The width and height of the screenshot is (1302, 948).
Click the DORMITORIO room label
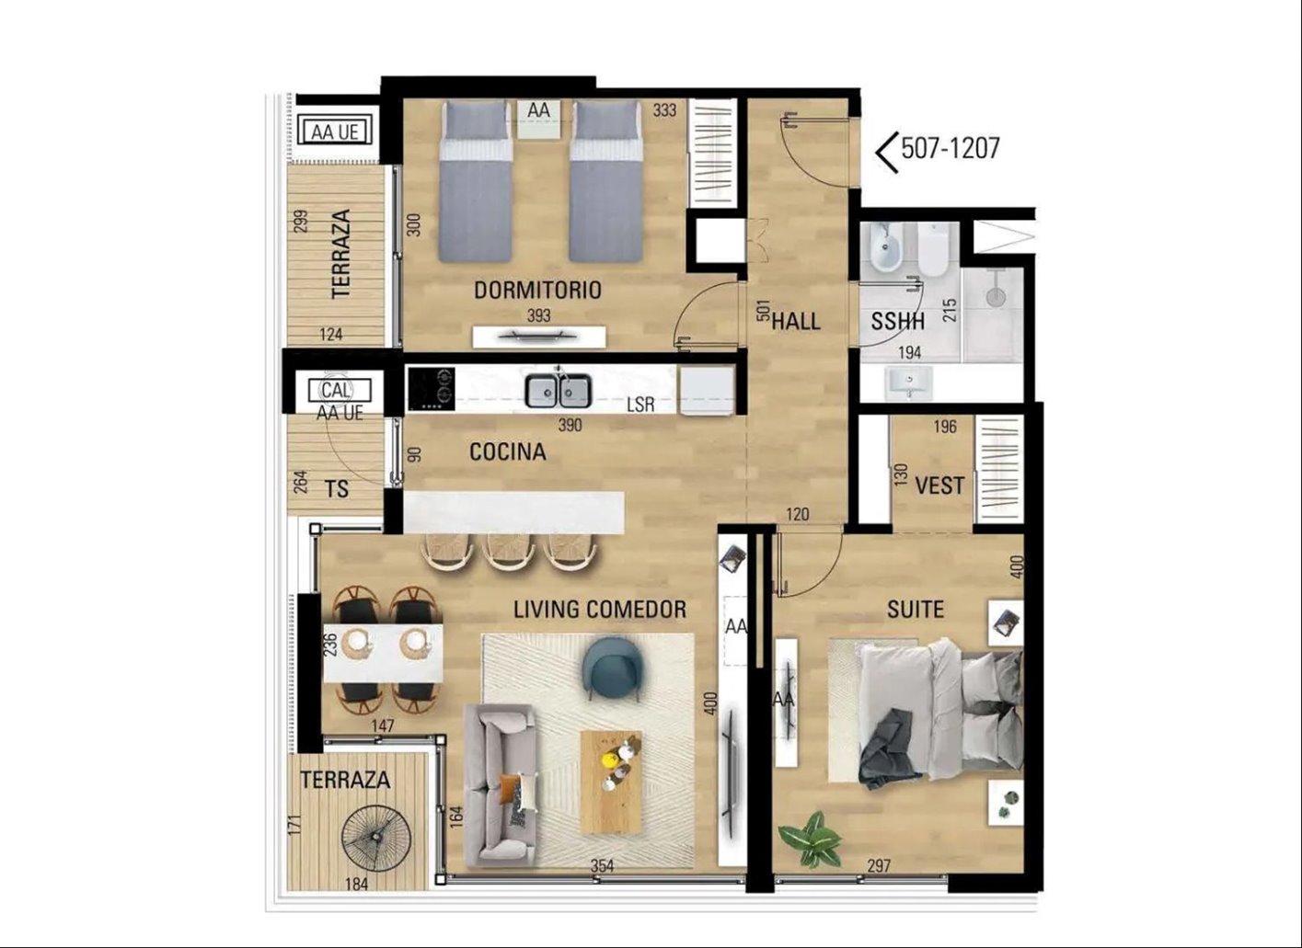pyautogui.click(x=537, y=290)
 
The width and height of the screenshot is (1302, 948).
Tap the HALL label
pyautogui.click(x=796, y=321)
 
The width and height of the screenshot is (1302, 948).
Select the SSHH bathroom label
pyautogui.click(x=897, y=321)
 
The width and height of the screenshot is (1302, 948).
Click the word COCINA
pyautogui.click(x=507, y=451)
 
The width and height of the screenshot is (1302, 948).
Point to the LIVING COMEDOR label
pyautogui.click(x=600, y=610)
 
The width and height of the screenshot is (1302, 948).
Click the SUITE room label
pyautogui.click(x=916, y=610)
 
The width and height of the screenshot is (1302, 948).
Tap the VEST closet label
pyautogui.click(x=939, y=485)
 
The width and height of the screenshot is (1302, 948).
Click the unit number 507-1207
pyautogui.click(x=951, y=148)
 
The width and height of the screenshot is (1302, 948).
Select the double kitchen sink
pyautogui.click(x=558, y=391)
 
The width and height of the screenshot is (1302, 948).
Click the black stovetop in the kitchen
pyautogui.click(x=432, y=389)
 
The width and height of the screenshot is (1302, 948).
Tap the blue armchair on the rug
pyautogui.click(x=609, y=668)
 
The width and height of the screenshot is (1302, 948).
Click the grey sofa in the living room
pyautogui.click(x=500, y=784)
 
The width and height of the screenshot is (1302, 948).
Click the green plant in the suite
pyautogui.click(x=811, y=839)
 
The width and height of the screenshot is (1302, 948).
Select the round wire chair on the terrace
pyautogui.click(x=376, y=837)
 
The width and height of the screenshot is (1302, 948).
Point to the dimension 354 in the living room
pyautogui.click(x=602, y=866)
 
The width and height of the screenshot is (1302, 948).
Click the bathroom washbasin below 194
pyautogui.click(x=908, y=383)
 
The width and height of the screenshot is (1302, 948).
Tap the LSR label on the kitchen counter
pyautogui.click(x=640, y=405)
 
